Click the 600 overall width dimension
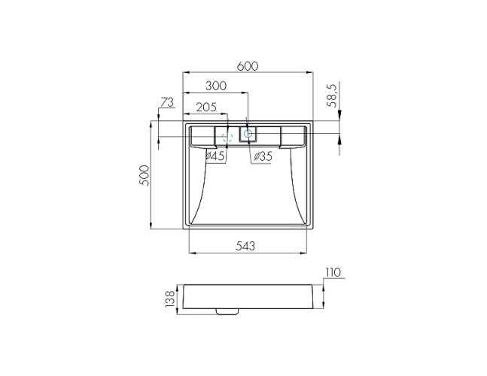tap(248, 66)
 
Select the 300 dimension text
tap(215, 86)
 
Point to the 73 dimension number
tap(167, 102)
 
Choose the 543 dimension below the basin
tap(246, 245)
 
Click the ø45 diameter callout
tap(215, 156)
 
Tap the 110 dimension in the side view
tap(333, 272)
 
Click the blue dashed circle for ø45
tap(226, 136)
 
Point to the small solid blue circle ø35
tap(248, 134)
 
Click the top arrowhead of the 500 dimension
tap(154, 122)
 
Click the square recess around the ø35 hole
tap(248, 135)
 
